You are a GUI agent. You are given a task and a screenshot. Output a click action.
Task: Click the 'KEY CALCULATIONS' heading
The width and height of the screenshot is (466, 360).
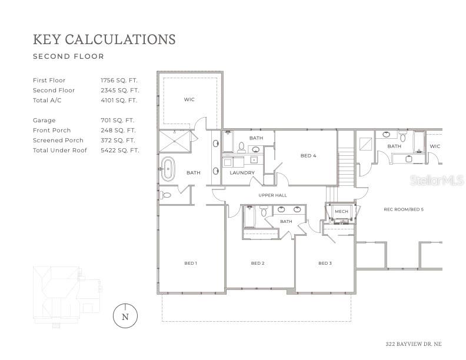[x=104, y=39]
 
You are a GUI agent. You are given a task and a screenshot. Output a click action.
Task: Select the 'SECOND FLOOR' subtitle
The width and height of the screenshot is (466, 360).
[x=68, y=57]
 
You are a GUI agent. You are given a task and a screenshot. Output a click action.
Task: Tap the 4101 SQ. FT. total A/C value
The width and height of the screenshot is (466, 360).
[x=119, y=100]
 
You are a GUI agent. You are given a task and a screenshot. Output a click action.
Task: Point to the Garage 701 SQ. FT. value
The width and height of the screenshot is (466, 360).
[x=117, y=120]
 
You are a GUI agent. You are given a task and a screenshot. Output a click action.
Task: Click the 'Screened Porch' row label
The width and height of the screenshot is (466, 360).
[x=58, y=140]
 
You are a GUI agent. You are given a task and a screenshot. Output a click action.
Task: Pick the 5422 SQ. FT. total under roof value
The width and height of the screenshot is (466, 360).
[x=119, y=150]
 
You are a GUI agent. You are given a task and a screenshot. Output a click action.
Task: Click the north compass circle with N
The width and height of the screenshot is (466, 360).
[x=125, y=316]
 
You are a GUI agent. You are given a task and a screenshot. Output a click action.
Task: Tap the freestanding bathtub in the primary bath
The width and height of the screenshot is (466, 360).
[x=168, y=169]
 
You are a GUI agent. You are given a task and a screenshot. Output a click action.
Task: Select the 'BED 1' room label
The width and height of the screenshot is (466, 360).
[x=191, y=263]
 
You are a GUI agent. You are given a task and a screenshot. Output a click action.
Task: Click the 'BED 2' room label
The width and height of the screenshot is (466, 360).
[x=257, y=263]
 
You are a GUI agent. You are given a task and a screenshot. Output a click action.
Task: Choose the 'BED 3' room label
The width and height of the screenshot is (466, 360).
[x=325, y=263]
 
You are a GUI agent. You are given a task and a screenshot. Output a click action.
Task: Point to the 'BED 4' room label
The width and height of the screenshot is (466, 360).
[x=308, y=156]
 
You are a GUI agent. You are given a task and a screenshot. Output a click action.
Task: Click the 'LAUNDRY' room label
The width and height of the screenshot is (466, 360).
[x=242, y=173]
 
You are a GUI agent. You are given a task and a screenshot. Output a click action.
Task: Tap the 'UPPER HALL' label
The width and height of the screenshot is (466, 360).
[x=272, y=195]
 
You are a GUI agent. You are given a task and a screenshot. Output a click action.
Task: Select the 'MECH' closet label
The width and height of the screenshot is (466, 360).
[x=341, y=211]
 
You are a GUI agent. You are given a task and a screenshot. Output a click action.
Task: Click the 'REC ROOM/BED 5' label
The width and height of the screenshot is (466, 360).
[x=404, y=209]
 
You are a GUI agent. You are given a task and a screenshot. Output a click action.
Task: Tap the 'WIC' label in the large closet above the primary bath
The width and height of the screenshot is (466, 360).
[x=189, y=99]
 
